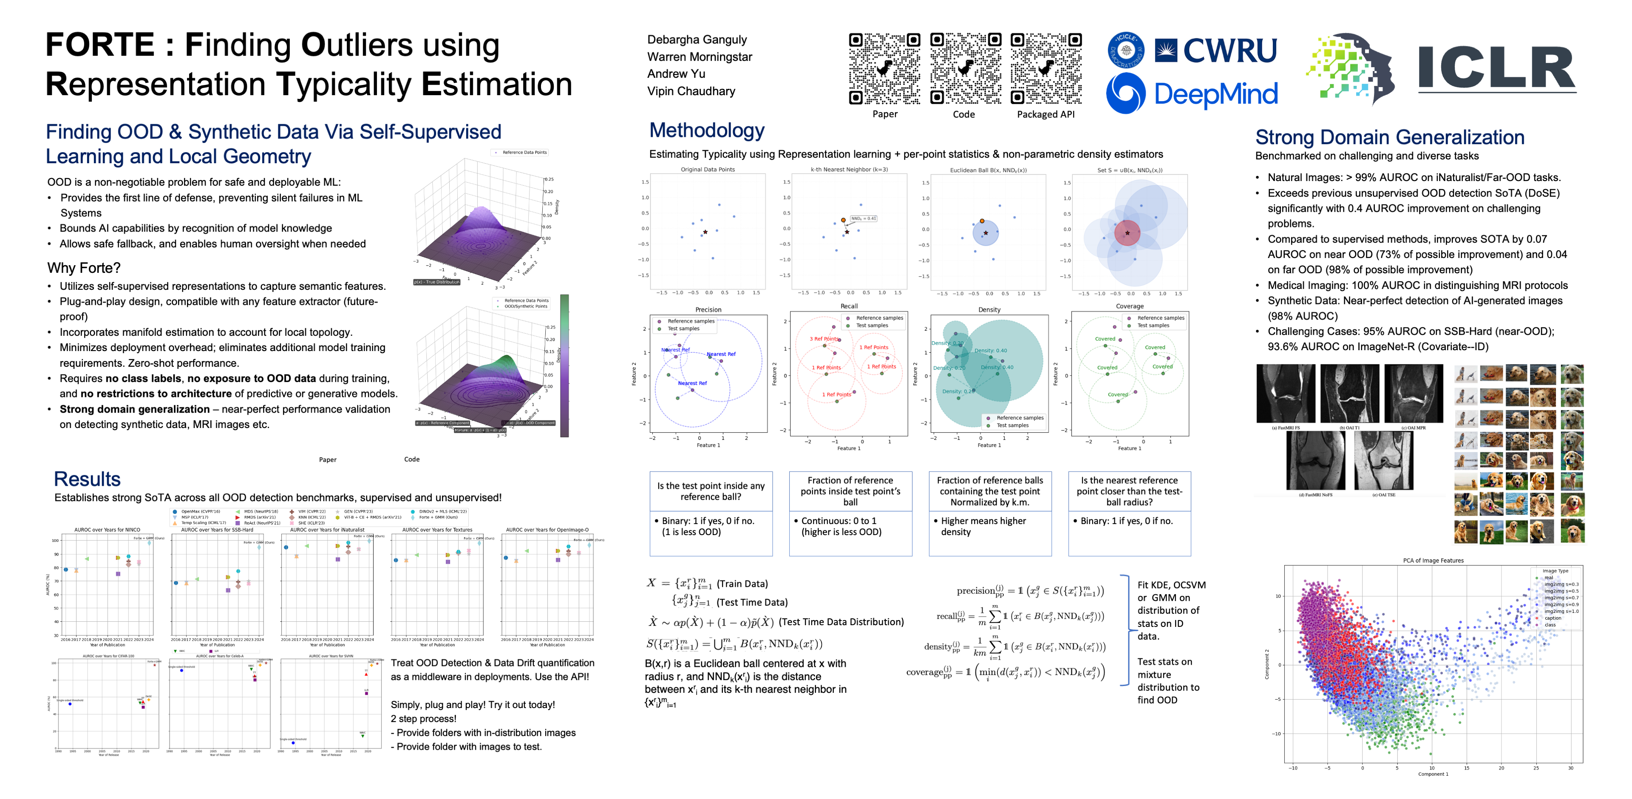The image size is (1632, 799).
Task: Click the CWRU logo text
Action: tap(1229, 51)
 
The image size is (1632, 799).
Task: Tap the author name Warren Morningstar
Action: tap(700, 57)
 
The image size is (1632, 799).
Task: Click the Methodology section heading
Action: tap(706, 130)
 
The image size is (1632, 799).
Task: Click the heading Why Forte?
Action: tap(84, 268)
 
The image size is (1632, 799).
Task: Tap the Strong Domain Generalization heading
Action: tap(1389, 138)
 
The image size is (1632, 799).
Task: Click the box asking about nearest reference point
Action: tap(1129, 491)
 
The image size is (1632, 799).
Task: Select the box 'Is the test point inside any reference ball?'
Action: tap(710, 491)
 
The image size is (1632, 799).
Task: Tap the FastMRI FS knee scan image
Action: tap(1286, 394)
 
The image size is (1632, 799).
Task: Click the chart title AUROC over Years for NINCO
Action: tap(107, 530)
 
